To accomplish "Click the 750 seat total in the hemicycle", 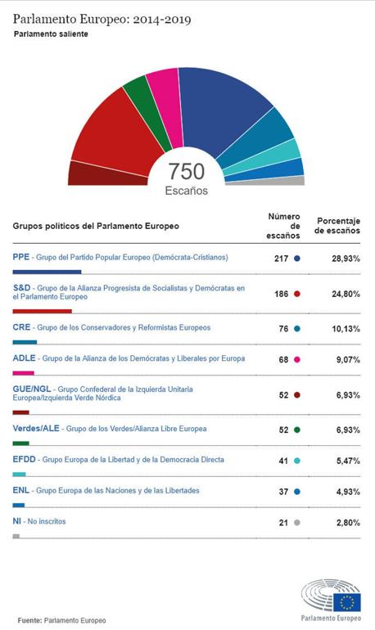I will [187, 172].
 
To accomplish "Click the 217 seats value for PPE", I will [281, 258].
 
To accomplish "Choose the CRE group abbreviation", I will [22, 327].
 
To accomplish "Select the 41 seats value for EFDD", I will [283, 461].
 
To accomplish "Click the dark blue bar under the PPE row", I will [47, 272].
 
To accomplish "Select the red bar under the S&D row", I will [43, 312].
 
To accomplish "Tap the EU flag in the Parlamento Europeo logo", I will [347, 603].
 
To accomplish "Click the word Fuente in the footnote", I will [29, 620].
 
